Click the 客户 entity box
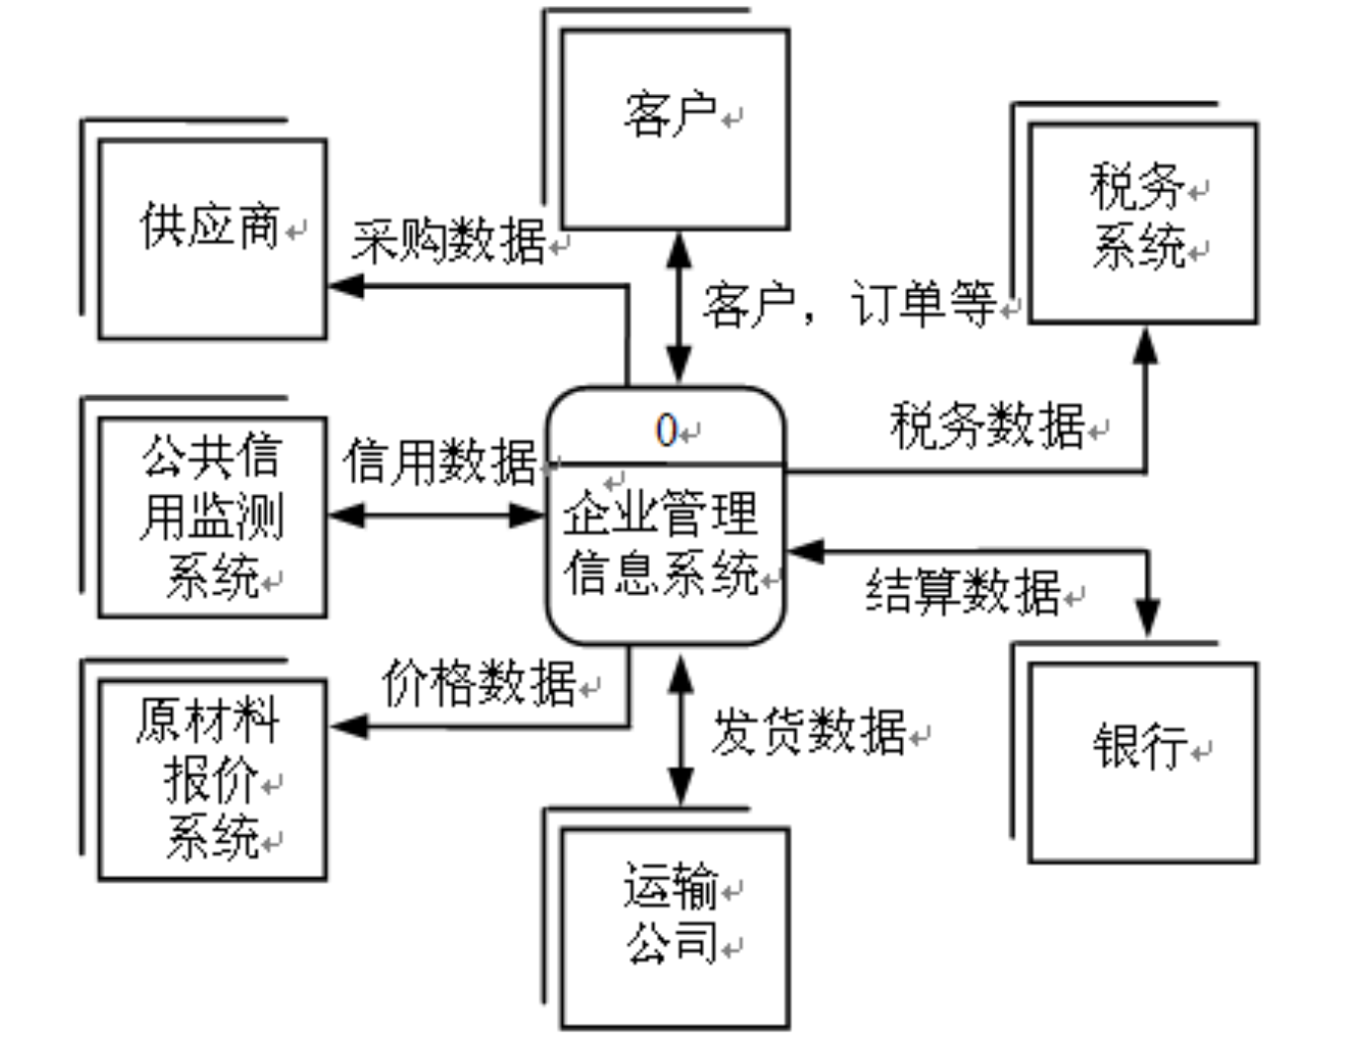[x=675, y=129]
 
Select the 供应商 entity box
[x=213, y=239]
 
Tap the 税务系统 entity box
[x=1142, y=222]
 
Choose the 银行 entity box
[x=1142, y=761]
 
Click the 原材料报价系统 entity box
[x=213, y=779]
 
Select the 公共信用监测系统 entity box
[x=213, y=517]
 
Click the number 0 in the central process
[x=667, y=431]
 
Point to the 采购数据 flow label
[x=449, y=239]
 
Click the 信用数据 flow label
[x=440, y=462]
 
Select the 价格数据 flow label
[x=479, y=683]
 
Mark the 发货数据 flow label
[x=808, y=732]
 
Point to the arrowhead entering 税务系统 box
[x=1145, y=344]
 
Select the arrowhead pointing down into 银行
[x=1147, y=618]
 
